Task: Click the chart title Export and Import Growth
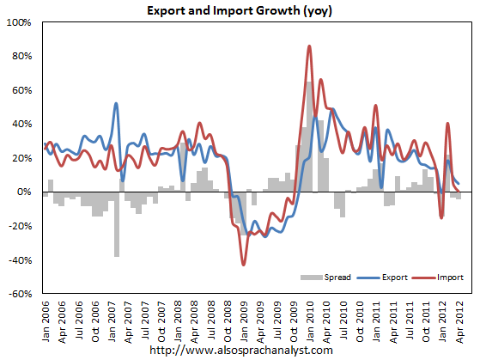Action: tap(240, 10)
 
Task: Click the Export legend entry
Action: tap(387, 278)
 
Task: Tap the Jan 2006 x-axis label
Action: tap(46, 320)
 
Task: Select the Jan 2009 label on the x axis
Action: tap(244, 320)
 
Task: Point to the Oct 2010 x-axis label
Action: tap(360, 320)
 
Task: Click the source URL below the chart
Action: tap(240, 351)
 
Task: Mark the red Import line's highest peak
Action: tap(309, 46)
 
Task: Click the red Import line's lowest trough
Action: tap(243, 264)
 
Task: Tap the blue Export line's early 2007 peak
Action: tap(116, 104)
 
